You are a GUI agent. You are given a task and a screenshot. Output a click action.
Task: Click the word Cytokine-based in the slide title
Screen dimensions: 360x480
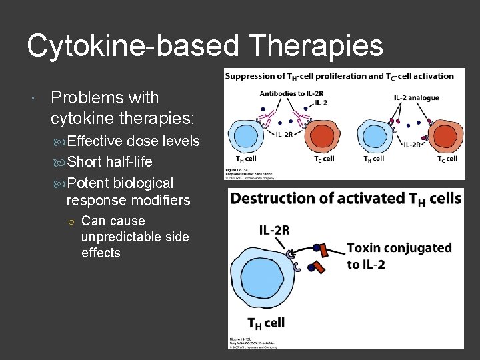(132, 46)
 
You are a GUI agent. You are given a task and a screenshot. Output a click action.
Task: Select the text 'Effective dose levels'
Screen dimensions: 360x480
(133, 141)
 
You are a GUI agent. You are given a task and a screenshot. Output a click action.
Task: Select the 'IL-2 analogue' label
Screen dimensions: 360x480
(417, 97)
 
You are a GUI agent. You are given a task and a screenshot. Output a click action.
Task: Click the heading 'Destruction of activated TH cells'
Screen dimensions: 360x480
(345, 198)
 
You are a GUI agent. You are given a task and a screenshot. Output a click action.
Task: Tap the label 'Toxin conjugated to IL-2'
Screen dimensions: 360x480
(399, 255)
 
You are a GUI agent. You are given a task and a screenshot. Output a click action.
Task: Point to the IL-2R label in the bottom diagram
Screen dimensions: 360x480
(274, 230)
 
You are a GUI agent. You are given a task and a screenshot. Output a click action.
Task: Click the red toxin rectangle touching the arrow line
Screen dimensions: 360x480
(325, 250)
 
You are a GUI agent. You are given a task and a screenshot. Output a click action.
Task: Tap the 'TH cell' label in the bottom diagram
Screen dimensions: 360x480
(266, 323)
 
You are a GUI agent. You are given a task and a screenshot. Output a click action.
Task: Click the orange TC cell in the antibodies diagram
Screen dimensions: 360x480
(322, 139)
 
